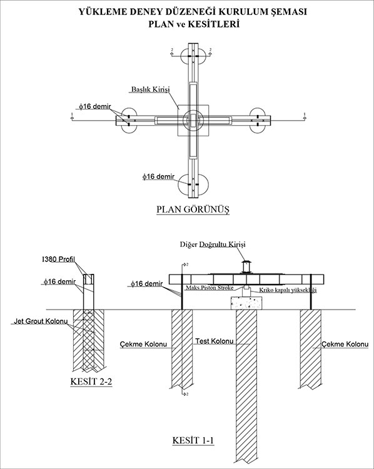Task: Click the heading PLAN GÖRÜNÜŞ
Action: coord(193,209)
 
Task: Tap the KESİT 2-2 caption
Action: coord(91,381)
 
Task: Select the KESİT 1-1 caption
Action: coord(193,441)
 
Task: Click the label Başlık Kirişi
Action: coord(151,89)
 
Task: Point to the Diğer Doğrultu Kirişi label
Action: coord(213,245)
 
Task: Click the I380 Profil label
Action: coord(58,260)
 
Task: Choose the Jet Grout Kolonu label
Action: coord(41,321)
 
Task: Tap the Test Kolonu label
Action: coord(215,341)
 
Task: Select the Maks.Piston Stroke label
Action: coord(210,288)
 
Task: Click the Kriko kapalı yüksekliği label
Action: coord(288,290)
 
